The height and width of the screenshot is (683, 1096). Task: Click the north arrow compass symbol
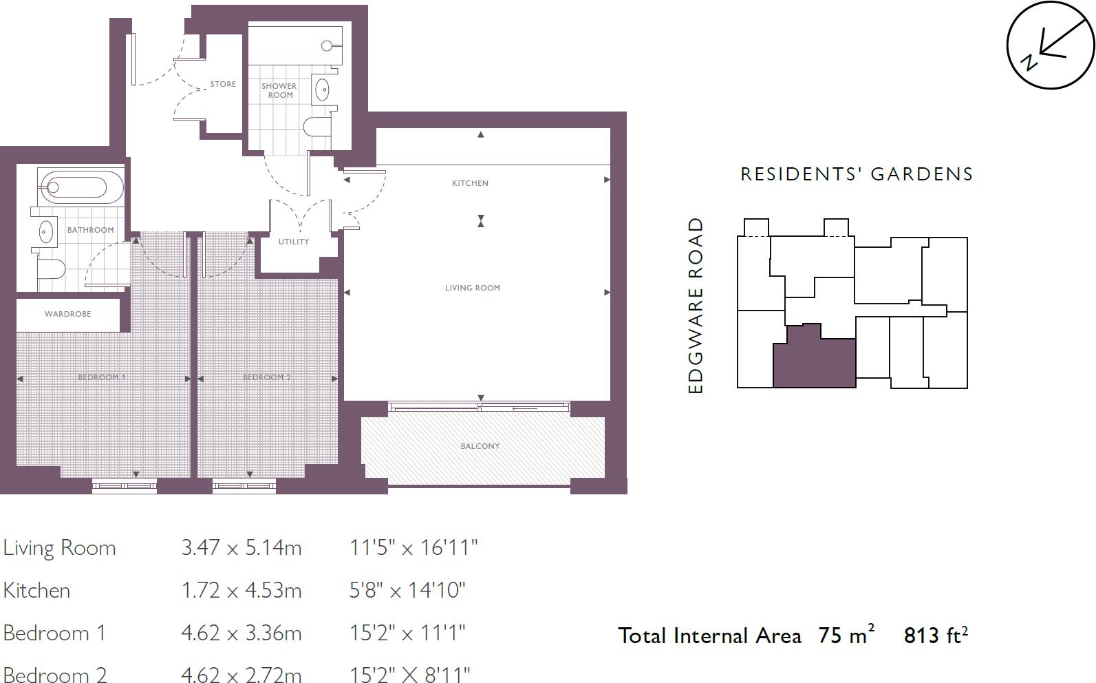pos(1050,46)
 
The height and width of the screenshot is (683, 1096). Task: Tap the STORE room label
pos(223,84)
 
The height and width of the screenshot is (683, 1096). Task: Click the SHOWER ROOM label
pos(279,91)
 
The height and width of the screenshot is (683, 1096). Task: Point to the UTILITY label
pos(294,242)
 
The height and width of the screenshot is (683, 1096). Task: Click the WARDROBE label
pos(67,314)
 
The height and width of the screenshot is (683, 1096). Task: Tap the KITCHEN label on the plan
pos(470,183)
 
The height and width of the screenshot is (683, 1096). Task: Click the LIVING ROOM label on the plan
pos(472,288)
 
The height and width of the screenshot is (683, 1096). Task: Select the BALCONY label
pos(480,446)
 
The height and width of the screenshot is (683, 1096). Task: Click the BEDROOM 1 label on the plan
pos(101,377)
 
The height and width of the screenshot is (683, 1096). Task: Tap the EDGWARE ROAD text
pos(696,306)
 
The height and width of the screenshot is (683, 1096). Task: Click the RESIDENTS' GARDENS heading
pos(857,174)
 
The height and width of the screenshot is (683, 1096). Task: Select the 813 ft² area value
pos(935,635)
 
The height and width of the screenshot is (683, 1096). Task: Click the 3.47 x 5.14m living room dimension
pos(241,548)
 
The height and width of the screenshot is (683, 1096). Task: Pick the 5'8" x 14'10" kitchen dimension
pos(407,591)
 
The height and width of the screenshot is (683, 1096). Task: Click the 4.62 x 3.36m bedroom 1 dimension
pos(241,633)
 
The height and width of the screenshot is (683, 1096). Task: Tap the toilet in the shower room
pos(316,126)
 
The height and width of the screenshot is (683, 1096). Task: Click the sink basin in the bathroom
pos(45,232)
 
